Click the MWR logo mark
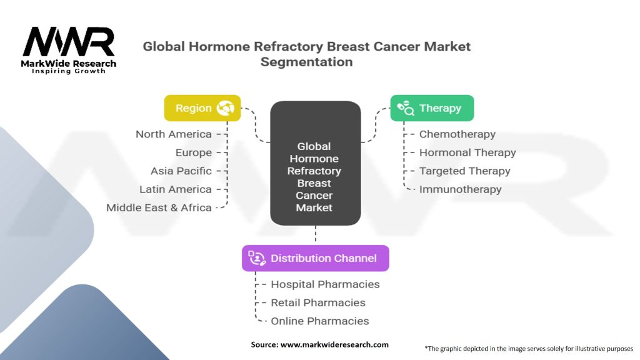[x=69, y=42]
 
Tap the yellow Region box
[x=202, y=108]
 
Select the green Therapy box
[x=432, y=108]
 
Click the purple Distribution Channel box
[x=316, y=258]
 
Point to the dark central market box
[x=316, y=163]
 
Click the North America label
[x=174, y=134]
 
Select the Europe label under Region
[x=194, y=152]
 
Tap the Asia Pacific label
[x=181, y=171]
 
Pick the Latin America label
[x=176, y=189]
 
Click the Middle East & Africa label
[x=159, y=207]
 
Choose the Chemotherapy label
[x=457, y=134]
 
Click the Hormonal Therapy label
[x=467, y=152]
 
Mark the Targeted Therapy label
[x=464, y=171]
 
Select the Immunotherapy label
[x=460, y=189]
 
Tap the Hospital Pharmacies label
[x=325, y=284]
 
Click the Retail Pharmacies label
[x=318, y=303]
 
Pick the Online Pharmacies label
[x=319, y=321]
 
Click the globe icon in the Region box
[x=225, y=108]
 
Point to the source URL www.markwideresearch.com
[x=334, y=344]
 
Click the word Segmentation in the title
[x=306, y=62]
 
